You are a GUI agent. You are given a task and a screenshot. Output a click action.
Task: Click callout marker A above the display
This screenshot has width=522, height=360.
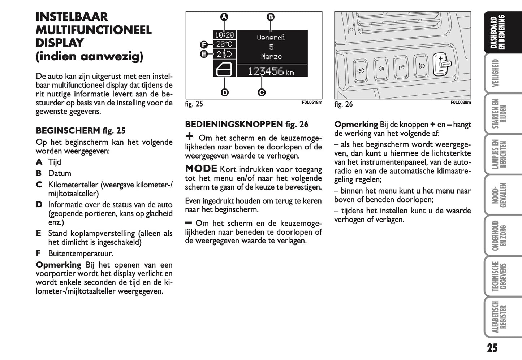(224, 17)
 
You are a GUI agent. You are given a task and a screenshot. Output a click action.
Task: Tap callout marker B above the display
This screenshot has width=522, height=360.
(271, 17)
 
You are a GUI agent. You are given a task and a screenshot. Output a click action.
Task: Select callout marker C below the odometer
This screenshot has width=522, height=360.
(262, 92)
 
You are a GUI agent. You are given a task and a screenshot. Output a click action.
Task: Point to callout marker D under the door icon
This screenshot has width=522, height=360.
(225, 92)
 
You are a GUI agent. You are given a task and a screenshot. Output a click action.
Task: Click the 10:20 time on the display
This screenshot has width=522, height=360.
(224, 35)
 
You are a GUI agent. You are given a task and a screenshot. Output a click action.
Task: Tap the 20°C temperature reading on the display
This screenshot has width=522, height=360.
(224, 44)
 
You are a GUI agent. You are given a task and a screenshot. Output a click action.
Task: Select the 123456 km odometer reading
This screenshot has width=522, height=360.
(271, 71)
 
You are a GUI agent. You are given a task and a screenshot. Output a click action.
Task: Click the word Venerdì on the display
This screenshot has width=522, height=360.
(271, 38)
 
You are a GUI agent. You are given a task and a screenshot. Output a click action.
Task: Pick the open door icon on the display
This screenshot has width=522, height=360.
(224, 69)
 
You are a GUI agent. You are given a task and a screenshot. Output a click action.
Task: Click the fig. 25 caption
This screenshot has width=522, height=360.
(194, 104)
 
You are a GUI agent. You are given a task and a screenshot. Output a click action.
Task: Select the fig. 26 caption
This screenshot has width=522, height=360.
(344, 104)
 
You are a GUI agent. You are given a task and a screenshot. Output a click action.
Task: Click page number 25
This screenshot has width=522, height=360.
(492, 348)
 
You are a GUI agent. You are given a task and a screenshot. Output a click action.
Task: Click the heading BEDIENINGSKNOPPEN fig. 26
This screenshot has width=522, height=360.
(246, 125)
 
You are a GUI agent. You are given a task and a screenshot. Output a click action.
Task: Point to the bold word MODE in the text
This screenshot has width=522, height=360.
(201, 169)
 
